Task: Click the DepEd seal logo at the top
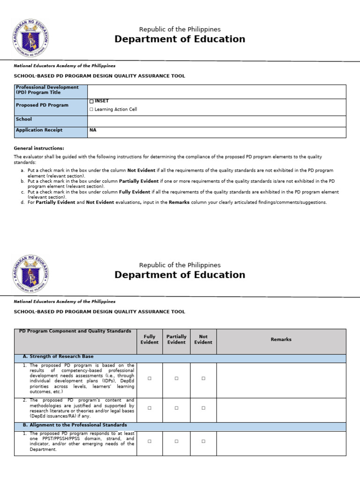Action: pos(30,38)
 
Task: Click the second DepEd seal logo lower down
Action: pos(30,274)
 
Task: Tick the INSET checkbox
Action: pos(91,101)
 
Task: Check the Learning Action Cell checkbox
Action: pos(91,109)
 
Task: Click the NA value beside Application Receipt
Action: pos(93,130)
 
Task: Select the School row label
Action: pos(24,120)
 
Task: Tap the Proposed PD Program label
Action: pos(42,105)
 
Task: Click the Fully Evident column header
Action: pos(150,339)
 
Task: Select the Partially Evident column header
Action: pos(176,339)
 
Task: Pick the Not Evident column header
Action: pos(203,339)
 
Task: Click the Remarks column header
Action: pos(281,339)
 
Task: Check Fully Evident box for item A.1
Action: pos(150,378)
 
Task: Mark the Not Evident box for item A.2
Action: pos(203,408)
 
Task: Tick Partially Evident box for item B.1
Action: pos(176,441)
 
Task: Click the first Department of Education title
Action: pos(180,39)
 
